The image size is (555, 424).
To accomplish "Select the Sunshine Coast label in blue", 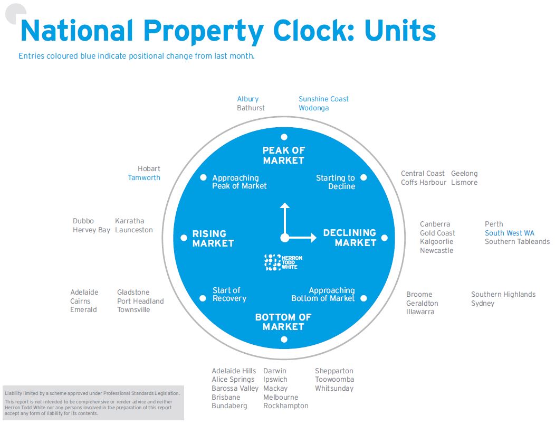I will pos(323,99).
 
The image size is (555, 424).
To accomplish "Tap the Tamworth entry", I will pos(144,178).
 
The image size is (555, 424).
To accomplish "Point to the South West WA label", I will pos(510,233).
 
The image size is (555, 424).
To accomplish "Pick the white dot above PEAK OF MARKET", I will pos(284,137).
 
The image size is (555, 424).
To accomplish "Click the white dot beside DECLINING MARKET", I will pos(385,238).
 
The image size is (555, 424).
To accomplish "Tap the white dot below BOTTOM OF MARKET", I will pos(284,339).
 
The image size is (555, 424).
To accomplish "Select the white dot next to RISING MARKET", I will pos(184,238).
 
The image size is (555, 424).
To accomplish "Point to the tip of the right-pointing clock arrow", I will pos(315,238).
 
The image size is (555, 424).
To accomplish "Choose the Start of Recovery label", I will pos(229,295).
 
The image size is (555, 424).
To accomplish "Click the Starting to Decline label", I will pos(336,182).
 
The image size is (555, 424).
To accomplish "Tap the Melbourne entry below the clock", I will pos(281,397).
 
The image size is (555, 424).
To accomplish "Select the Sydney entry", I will pos(483,304).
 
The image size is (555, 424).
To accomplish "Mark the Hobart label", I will pos(149,169).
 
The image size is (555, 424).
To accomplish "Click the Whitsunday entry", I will pos(334,389).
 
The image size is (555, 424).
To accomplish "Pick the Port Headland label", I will pos(140,301).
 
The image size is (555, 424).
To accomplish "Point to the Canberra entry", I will pos(435,224).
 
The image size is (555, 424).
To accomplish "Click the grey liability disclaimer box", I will pos(93,403).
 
